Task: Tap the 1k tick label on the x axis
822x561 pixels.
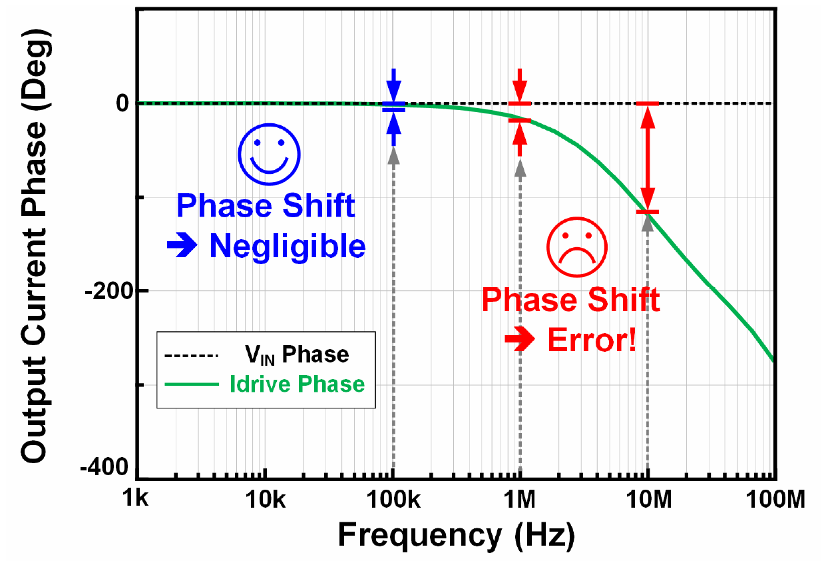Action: click(x=135, y=499)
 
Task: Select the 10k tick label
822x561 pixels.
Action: click(x=265, y=499)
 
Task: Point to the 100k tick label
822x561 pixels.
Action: click(x=393, y=499)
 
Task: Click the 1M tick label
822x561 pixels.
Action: click(x=520, y=499)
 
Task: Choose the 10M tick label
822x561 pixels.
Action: click(x=648, y=499)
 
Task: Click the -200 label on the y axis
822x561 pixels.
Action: click(x=109, y=292)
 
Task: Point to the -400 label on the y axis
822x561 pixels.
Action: click(x=104, y=468)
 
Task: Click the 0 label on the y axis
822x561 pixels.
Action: click(x=122, y=103)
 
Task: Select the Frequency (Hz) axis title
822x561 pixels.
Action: click(x=456, y=536)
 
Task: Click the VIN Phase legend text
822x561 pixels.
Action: click(x=297, y=354)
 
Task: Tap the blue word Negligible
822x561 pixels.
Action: click(x=288, y=247)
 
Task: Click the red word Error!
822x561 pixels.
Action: click(x=592, y=340)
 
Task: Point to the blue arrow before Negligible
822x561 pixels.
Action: click(x=182, y=245)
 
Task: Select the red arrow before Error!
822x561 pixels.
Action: click(x=520, y=338)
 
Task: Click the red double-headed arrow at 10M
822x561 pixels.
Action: click(x=648, y=158)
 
